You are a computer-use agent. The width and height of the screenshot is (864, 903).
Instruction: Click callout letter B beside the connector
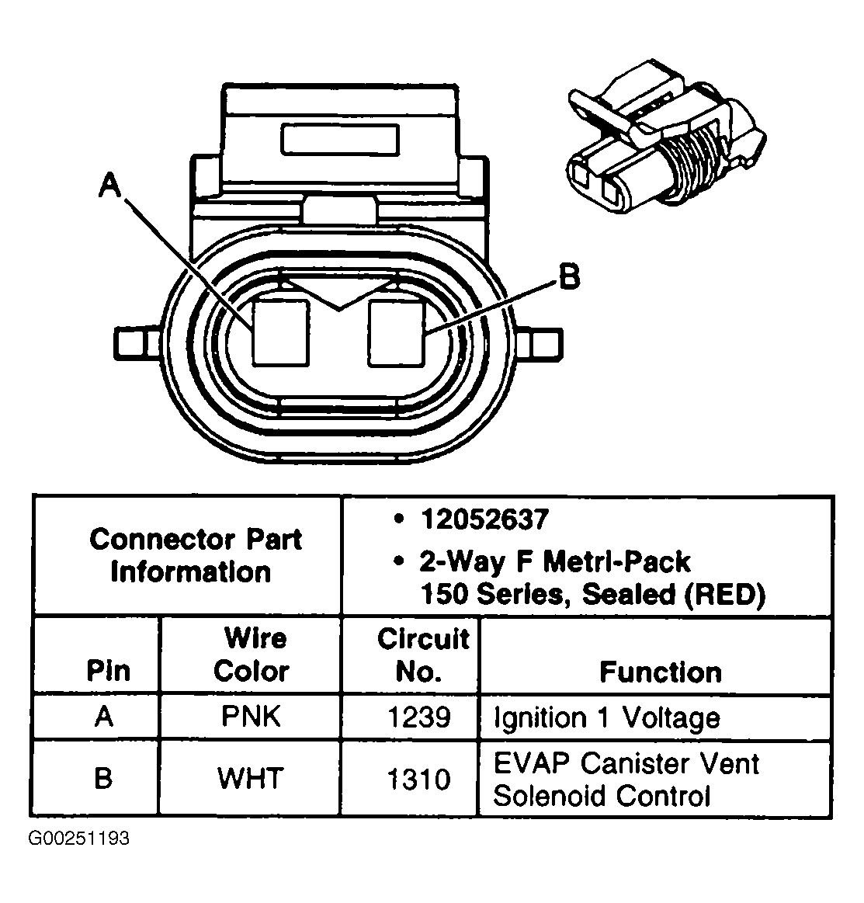pos(569,277)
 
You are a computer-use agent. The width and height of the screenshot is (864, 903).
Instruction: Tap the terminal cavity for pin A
pos(281,332)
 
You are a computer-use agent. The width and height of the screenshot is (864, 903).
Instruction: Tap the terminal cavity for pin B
pos(397,332)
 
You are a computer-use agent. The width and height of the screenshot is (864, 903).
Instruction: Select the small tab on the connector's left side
pos(133,342)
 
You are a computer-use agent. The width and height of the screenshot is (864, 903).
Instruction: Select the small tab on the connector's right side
pos(543,342)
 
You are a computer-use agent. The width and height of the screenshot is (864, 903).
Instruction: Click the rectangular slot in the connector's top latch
pos(340,141)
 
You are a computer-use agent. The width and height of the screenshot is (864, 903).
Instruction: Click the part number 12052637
pos(484,519)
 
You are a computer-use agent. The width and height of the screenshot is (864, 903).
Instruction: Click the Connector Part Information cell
pos(195,555)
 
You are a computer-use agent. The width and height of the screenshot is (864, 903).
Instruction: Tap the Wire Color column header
pos(252,655)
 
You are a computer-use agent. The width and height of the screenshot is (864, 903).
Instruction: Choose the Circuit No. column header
pos(422,655)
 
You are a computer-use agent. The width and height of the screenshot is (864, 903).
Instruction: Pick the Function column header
pos(660,672)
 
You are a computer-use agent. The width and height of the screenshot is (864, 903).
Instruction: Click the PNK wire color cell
pos(251,716)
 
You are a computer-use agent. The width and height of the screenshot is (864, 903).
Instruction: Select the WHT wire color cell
pos(251,778)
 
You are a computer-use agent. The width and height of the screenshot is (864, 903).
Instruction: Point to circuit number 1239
pos(418,717)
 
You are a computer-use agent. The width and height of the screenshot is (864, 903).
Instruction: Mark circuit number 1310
pos(418,779)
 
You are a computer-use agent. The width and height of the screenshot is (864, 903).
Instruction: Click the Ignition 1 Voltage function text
pos(606,717)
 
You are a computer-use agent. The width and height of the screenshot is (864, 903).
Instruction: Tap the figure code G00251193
pos(79,839)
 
